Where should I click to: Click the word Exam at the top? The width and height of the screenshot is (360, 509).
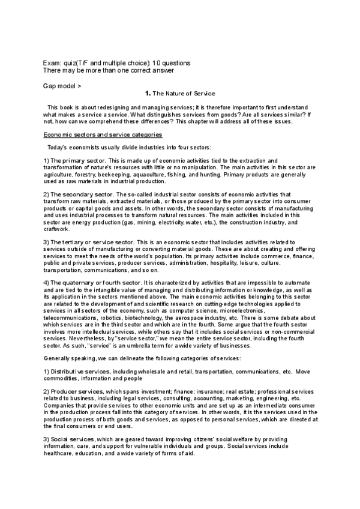point(52,63)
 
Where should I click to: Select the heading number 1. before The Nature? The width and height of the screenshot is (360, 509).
point(148,94)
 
